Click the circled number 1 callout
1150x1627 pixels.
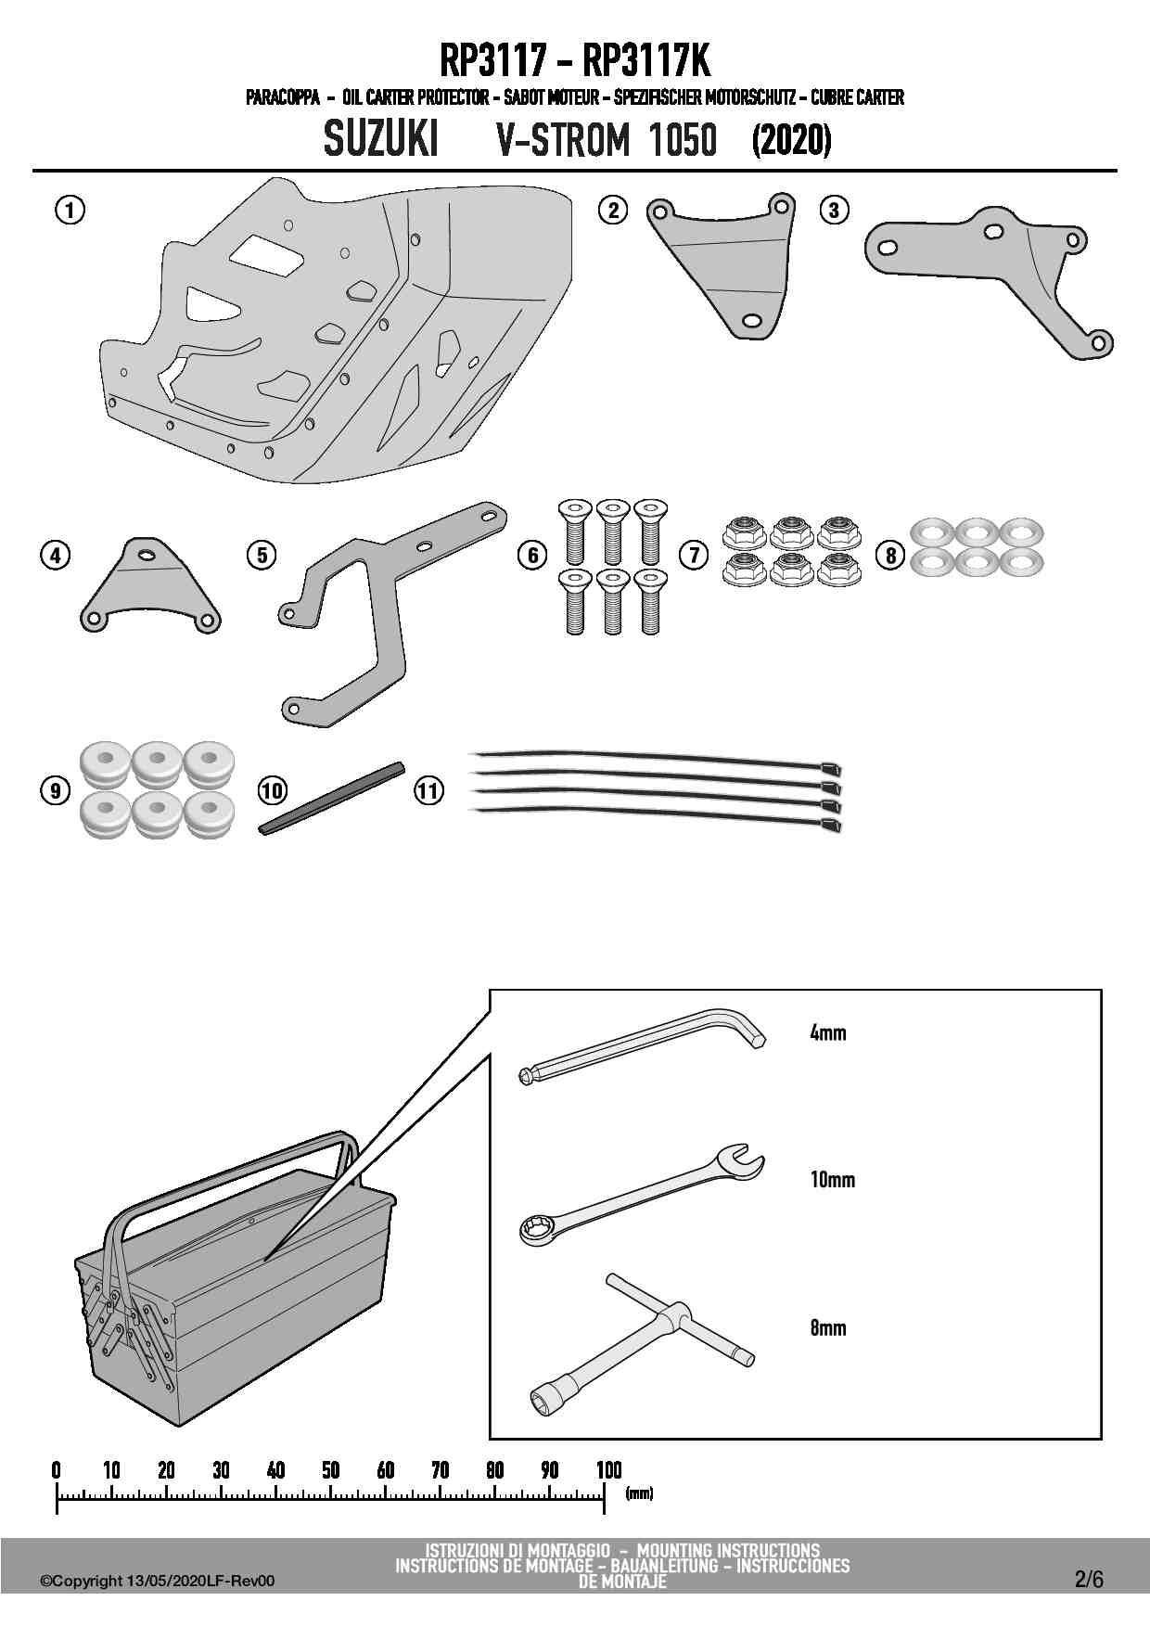pyautogui.click(x=70, y=211)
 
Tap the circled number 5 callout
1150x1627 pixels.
pyautogui.click(x=262, y=555)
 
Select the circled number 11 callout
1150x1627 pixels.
pyautogui.click(x=428, y=791)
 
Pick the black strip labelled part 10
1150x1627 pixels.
pyautogui.click(x=332, y=797)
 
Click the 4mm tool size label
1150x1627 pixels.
pyautogui.click(x=827, y=1032)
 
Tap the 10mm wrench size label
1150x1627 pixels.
pyautogui.click(x=832, y=1180)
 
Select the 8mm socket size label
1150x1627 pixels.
pyautogui.click(x=827, y=1327)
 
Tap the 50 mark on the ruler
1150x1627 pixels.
pyautogui.click(x=330, y=1470)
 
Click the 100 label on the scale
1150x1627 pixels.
pyautogui.click(x=608, y=1470)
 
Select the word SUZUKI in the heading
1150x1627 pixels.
pyautogui.click(x=381, y=141)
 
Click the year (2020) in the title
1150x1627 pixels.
pyautogui.click(x=790, y=141)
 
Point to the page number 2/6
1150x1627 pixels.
pyautogui.click(x=1089, y=1580)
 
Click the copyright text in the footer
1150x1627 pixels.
pyautogui.click(x=158, y=1582)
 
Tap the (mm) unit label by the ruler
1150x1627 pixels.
pyautogui.click(x=639, y=1493)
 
